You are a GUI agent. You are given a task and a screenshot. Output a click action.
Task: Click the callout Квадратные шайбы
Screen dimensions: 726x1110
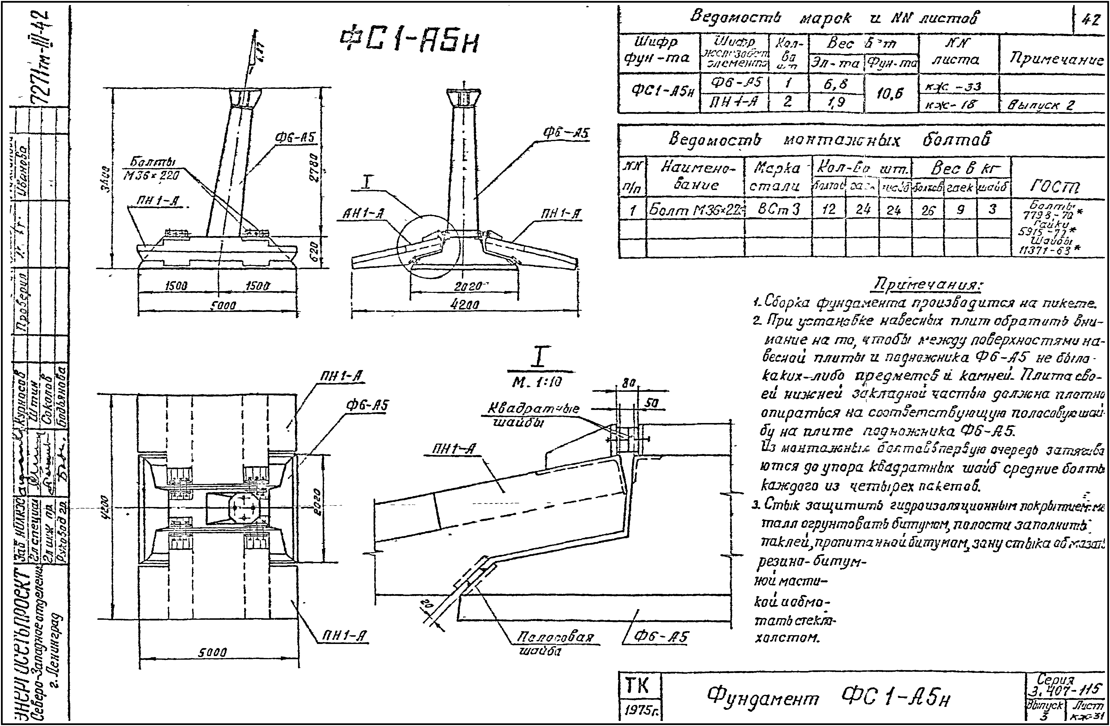click(533, 414)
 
